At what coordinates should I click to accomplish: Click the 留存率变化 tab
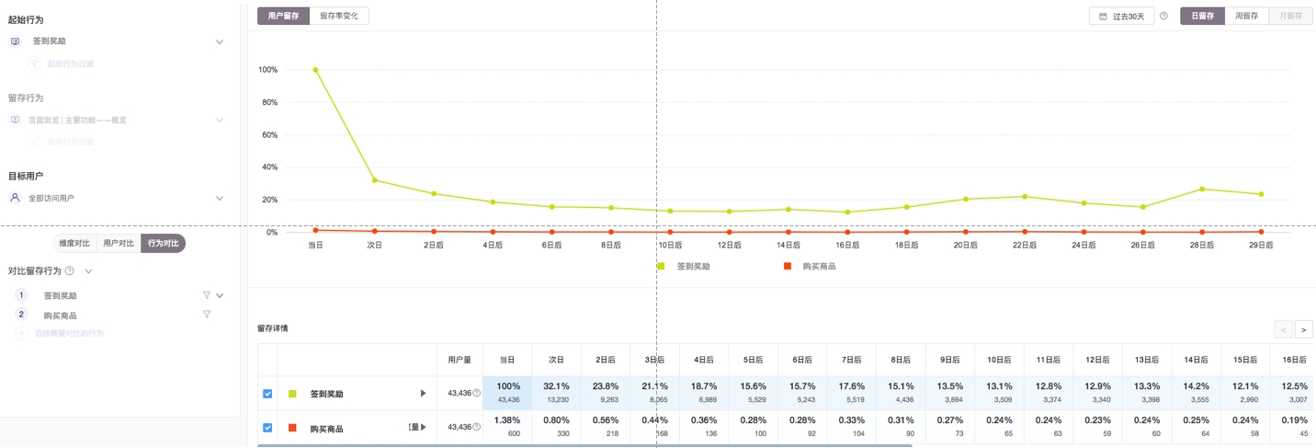pos(339,16)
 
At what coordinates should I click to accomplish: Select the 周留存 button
pos(1246,16)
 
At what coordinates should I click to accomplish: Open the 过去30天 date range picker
pos(1122,17)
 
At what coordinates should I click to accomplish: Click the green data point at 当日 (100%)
pos(315,70)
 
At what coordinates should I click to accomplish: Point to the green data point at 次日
pos(374,180)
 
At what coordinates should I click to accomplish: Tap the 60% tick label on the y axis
pos(268,134)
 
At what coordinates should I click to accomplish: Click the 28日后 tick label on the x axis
pos(1201,246)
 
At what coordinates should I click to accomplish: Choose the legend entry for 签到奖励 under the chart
pos(693,266)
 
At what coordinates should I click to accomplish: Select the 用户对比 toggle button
pos(119,243)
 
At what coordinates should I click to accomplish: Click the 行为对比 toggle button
pos(163,243)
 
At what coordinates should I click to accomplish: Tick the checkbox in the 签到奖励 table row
pos(267,394)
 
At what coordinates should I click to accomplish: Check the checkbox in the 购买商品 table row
pos(267,428)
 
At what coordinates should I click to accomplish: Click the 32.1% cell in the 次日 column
pos(556,392)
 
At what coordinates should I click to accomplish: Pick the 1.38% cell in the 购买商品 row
pos(507,426)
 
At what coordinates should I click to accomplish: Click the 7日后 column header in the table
pos(852,360)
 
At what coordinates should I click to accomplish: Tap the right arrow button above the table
pos(1304,329)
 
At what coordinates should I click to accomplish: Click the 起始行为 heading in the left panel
pos(26,19)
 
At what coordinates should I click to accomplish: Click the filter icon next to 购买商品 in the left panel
pos(207,315)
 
